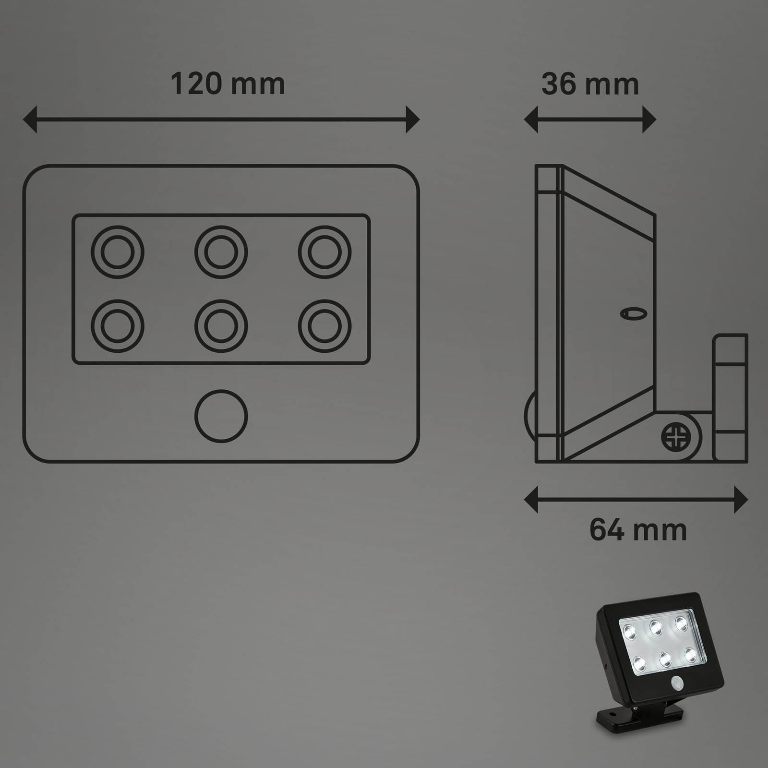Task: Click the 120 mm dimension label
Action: [x=228, y=84]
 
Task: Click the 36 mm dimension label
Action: [x=590, y=84]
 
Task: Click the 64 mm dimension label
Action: [x=638, y=529]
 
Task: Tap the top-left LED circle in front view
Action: [x=118, y=252]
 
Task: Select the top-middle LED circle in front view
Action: [x=221, y=252]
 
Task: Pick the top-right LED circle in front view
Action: [x=324, y=252]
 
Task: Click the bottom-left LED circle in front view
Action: [x=118, y=326]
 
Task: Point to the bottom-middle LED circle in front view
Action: [x=221, y=326]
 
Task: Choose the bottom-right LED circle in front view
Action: [x=324, y=326]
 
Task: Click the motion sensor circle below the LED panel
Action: [x=221, y=416]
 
